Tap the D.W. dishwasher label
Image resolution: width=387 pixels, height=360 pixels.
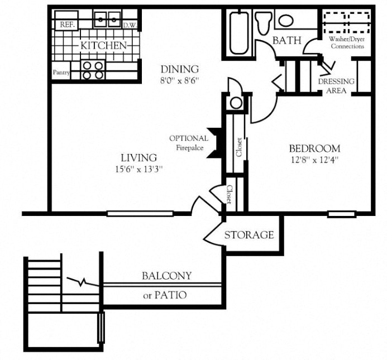[130, 25]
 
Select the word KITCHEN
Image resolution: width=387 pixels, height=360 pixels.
[103, 45]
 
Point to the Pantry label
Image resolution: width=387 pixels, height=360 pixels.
[61, 72]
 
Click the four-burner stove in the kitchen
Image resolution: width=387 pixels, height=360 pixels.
[93, 70]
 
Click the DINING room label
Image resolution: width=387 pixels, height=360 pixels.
[179, 69]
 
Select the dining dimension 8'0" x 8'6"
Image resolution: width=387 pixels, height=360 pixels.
[179, 79]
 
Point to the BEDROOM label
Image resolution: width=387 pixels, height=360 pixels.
[314, 148]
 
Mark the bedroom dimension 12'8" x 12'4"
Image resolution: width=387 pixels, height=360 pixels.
[314, 159]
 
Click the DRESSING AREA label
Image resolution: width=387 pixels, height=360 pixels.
[336, 85]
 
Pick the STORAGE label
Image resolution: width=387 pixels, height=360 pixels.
[249, 235]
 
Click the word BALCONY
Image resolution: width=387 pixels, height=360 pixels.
[166, 276]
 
